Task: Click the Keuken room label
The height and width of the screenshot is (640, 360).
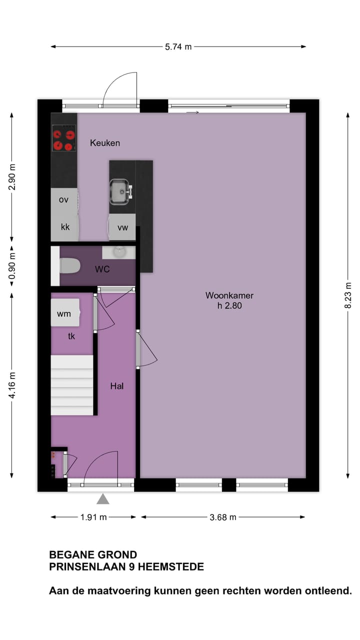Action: click(x=105, y=143)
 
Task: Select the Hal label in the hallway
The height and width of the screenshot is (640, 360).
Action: click(x=117, y=386)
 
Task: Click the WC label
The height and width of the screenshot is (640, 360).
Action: click(x=102, y=269)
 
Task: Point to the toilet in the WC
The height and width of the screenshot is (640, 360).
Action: click(x=69, y=265)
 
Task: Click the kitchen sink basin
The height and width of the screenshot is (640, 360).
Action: click(x=119, y=190)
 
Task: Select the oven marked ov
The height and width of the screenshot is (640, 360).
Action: click(x=63, y=200)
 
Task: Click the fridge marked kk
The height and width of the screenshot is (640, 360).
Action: click(x=65, y=227)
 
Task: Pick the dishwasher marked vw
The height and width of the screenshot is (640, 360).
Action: click(x=122, y=227)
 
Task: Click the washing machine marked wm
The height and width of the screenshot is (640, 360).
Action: click(x=64, y=313)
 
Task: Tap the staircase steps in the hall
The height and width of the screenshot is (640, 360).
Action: click(x=72, y=385)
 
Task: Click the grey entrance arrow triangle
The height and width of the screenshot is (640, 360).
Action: click(x=103, y=498)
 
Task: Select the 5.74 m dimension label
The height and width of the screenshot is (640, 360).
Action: click(x=178, y=47)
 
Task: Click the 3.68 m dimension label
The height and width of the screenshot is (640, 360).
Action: click(x=223, y=517)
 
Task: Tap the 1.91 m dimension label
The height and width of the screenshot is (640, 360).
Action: click(x=93, y=517)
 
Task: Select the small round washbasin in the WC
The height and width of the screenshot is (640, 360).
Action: click(x=119, y=251)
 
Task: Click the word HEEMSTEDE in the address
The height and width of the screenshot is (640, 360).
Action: click(x=171, y=567)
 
